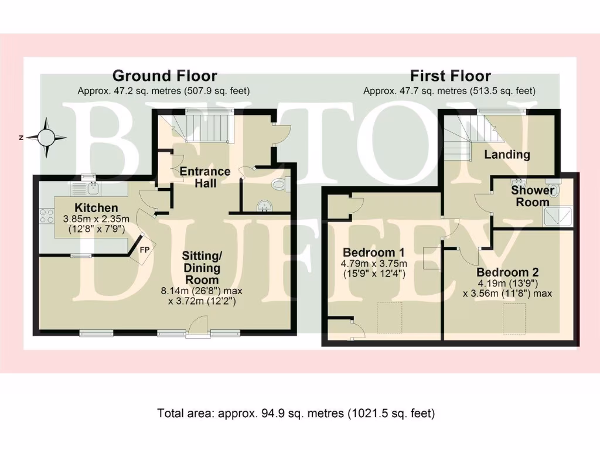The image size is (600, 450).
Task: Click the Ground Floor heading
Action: tap(164, 76)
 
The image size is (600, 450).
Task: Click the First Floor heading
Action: tap(450, 76)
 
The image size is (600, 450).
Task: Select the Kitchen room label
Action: tap(96, 208)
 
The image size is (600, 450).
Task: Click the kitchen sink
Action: tap(86, 188)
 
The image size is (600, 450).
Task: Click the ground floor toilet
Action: tap(280, 185)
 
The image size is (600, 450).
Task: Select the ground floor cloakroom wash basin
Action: tap(266, 205)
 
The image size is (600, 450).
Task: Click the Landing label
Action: tap(507, 155)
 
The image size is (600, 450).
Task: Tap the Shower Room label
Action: tap(533, 196)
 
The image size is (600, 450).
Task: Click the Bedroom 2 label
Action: tap(507, 272)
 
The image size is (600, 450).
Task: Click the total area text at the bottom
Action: tap(296, 413)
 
